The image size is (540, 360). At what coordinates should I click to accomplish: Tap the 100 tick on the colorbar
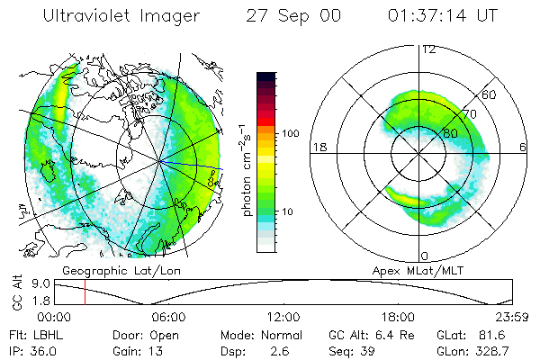click(291, 133)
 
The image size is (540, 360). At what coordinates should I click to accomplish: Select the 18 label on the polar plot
click(317, 147)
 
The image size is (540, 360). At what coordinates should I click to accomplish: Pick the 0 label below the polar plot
click(425, 256)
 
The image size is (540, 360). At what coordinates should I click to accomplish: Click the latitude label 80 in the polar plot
click(438, 132)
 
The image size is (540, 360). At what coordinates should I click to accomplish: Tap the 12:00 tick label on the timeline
click(283, 318)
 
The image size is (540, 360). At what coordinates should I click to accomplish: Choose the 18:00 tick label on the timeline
click(398, 318)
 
